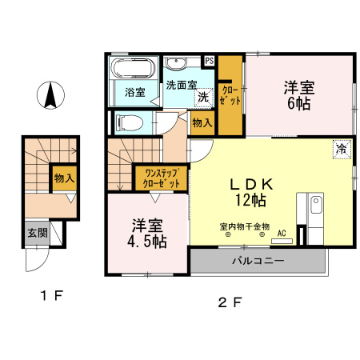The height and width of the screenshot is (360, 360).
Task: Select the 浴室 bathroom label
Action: point(135,92)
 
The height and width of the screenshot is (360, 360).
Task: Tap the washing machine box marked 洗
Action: point(203,97)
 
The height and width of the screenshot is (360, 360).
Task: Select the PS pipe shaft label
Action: point(210,61)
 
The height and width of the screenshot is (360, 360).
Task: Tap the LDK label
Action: point(254,183)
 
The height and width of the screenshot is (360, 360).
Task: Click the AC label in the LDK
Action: point(282,234)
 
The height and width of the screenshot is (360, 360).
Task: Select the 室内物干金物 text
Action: point(245,226)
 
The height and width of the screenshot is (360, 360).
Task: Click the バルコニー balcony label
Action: point(258,261)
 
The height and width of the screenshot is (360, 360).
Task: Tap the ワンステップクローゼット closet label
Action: point(161,178)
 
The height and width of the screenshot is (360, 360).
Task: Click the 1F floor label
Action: point(52,296)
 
